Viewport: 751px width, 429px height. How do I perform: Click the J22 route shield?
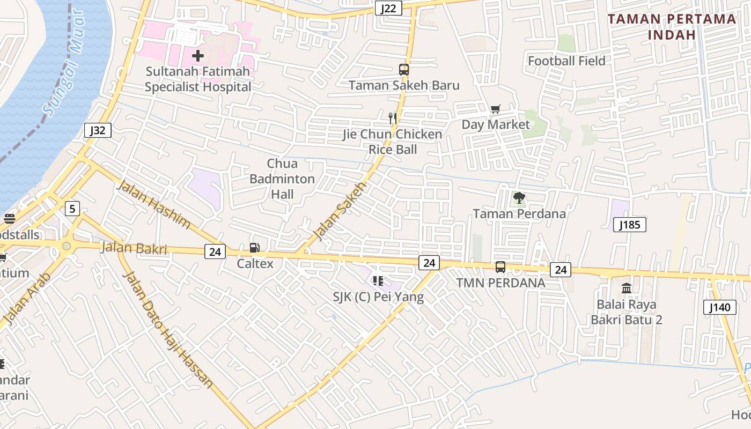pyautogui.click(x=388, y=8)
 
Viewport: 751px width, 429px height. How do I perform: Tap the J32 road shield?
pyautogui.click(x=98, y=130)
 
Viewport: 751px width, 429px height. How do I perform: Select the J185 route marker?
pyautogui.click(x=629, y=225)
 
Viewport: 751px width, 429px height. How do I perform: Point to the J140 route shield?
pyautogui.click(x=719, y=307)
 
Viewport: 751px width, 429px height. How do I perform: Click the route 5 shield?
pyautogui.click(x=72, y=208)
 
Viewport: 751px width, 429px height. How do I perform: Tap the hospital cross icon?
pyautogui.click(x=198, y=55)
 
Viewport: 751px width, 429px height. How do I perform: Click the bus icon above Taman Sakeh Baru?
pyautogui.click(x=404, y=70)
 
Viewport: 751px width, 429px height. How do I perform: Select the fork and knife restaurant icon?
pyautogui.click(x=393, y=118)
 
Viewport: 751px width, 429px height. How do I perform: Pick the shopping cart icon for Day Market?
pyautogui.click(x=496, y=109)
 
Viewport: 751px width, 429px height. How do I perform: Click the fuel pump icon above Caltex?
pyautogui.click(x=255, y=248)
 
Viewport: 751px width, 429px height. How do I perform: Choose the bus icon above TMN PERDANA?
pyautogui.click(x=500, y=267)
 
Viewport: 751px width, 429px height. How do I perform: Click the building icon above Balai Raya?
pyautogui.click(x=626, y=289)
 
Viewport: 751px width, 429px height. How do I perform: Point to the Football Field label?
pyautogui.click(x=566, y=61)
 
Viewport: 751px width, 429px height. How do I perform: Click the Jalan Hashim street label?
pyautogui.click(x=153, y=204)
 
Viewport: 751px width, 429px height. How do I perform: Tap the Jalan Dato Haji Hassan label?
pyautogui.click(x=168, y=329)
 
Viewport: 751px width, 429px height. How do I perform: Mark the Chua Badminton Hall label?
pyautogui.click(x=282, y=179)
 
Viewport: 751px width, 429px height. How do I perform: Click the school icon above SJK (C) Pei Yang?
pyautogui.click(x=378, y=281)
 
